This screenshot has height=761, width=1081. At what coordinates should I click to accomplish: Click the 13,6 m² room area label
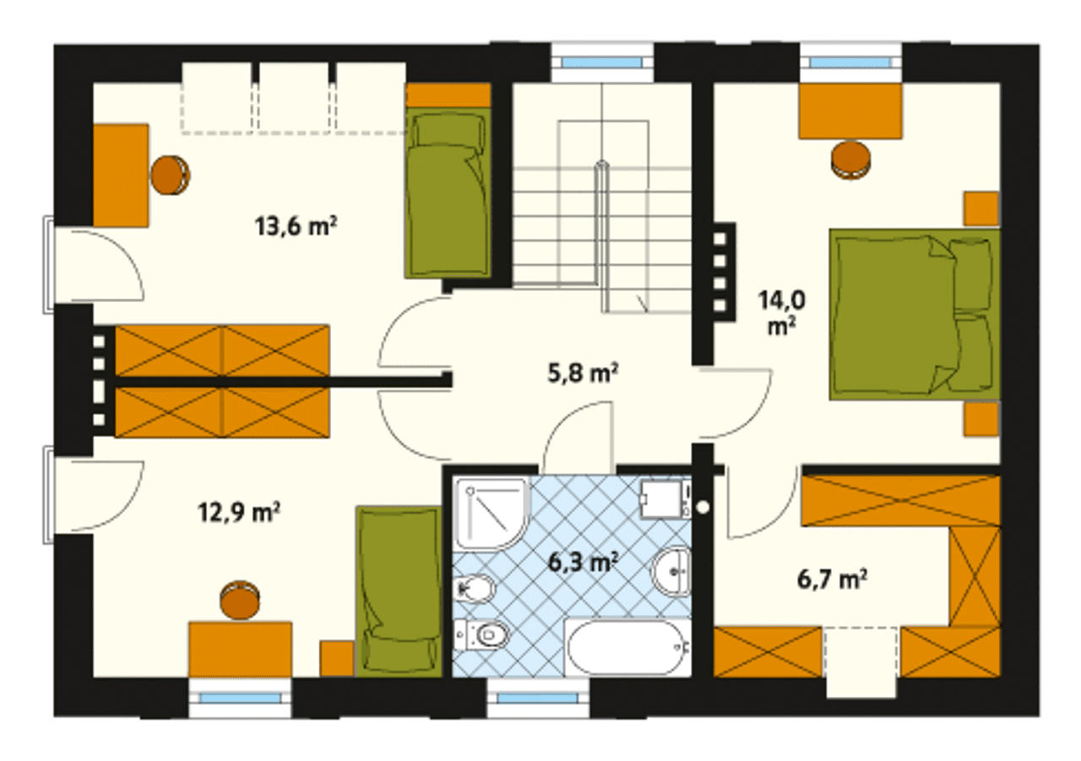coord(296,226)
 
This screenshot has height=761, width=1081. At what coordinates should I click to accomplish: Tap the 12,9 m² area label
coord(239,513)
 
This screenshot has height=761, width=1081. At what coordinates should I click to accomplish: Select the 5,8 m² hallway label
coord(583,374)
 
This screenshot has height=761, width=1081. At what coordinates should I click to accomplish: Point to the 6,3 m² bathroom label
coord(584,562)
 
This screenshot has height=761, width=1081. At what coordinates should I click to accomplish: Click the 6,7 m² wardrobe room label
coord(832,580)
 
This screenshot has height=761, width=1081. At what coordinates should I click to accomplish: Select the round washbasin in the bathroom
coord(671,571)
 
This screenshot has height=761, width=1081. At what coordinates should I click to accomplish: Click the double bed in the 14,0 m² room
coord(915,314)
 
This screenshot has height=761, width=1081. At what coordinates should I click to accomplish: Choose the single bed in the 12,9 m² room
coord(398,591)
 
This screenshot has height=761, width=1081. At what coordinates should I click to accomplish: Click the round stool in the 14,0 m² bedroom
coord(850,160)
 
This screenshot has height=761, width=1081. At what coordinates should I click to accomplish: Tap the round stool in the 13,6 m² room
coord(170,175)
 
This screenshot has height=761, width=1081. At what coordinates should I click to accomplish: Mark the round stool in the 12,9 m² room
coord(239,600)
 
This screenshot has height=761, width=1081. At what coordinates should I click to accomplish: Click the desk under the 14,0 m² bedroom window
coord(850,111)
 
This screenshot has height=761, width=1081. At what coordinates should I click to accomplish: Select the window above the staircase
coord(602,62)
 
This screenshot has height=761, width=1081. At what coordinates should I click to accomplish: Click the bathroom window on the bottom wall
coord(537,698)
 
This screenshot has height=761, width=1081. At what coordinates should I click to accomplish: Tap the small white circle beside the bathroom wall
coord(703,507)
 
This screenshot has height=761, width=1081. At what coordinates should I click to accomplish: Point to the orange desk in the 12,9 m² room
coord(241,650)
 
